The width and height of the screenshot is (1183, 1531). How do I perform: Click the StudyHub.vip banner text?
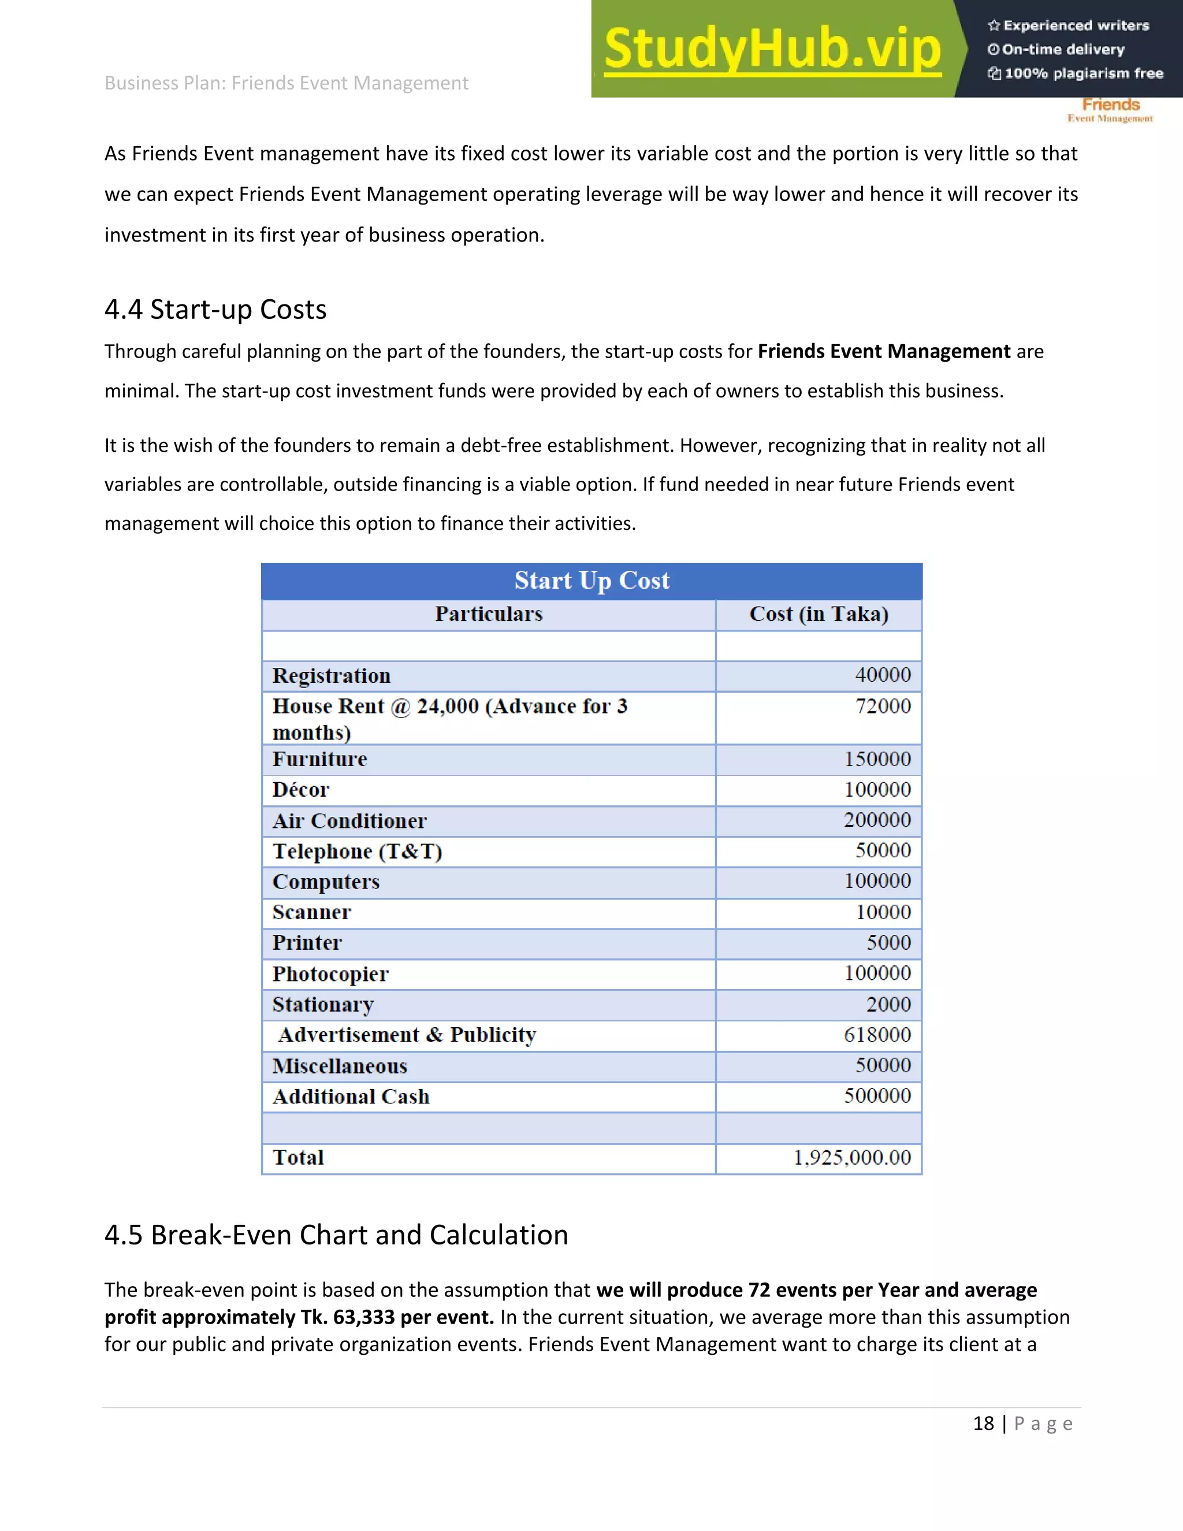pos(772,49)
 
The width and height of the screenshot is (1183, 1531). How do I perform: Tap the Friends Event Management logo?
pos(1110,110)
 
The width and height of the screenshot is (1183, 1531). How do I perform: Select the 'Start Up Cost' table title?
pos(591,581)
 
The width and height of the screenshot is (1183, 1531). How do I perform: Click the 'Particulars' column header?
pos(489,614)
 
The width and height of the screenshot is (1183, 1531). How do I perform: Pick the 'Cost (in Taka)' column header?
pos(819,614)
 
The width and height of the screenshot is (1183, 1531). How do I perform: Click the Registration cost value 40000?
pos(883,675)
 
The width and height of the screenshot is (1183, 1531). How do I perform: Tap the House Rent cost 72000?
pos(883,706)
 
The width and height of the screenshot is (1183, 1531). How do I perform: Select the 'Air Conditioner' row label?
pos(349,821)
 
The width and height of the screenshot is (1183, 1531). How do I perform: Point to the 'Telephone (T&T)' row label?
pos(357,851)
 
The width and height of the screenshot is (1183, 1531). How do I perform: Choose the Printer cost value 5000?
pos(888,943)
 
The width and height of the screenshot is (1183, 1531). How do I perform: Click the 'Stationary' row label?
pos(322,1005)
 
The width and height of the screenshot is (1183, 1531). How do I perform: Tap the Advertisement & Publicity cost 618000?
pos(877,1035)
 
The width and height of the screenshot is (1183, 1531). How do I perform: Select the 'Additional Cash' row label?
pos(351,1097)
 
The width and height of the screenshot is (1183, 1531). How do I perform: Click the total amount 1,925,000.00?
pos(851,1157)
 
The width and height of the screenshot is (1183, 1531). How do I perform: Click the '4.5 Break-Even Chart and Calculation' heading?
pos(336,1235)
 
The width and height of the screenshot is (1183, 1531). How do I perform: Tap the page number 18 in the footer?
pos(983,1423)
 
